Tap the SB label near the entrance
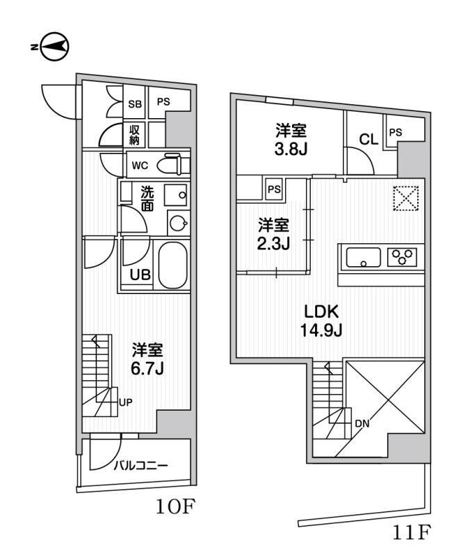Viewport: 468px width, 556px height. (x=135, y=104)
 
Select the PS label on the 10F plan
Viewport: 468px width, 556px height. (x=163, y=103)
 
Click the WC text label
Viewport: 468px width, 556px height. (x=140, y=165)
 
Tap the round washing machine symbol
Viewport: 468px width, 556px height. (x=179, y=222)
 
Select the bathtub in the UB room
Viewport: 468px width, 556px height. (x=174, y=265)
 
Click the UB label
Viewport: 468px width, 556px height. (x=140, y=275)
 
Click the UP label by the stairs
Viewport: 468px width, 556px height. (x=126, y=402)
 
